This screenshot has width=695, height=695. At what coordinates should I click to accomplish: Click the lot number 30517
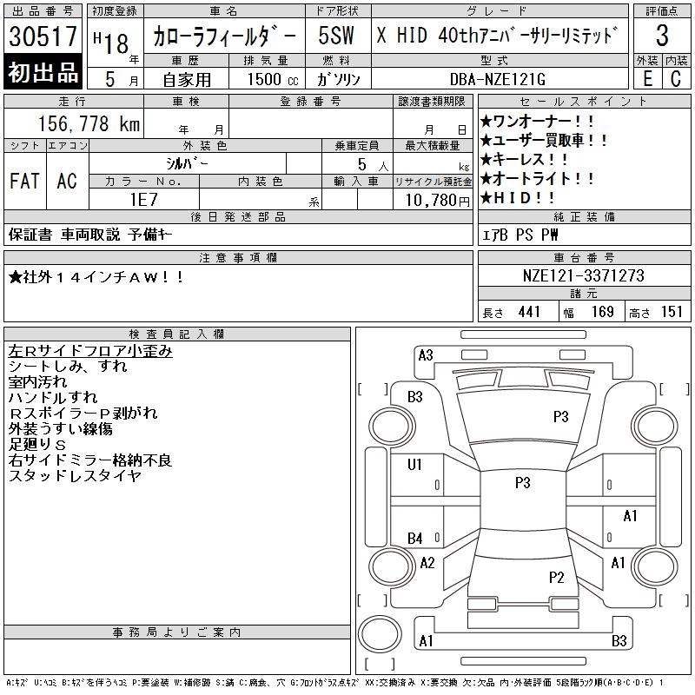click(43, 36)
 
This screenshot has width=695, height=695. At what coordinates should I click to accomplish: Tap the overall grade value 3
click(662, 36)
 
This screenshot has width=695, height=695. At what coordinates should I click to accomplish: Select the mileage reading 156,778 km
click(89, 123)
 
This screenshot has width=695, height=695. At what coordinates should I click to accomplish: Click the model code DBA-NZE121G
click(497, 79)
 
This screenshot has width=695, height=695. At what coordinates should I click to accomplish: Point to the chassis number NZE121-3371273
click(583, 275)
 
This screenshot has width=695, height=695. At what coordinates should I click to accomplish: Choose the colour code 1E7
click(143, 200)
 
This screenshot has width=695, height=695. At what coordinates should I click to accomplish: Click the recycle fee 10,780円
click(437, 201)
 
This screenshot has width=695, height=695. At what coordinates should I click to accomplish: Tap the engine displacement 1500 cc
click(273, 79)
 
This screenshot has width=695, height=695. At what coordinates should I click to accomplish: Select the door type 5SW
click(336, 36)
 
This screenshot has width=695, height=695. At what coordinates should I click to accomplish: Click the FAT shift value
click(25, 181)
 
